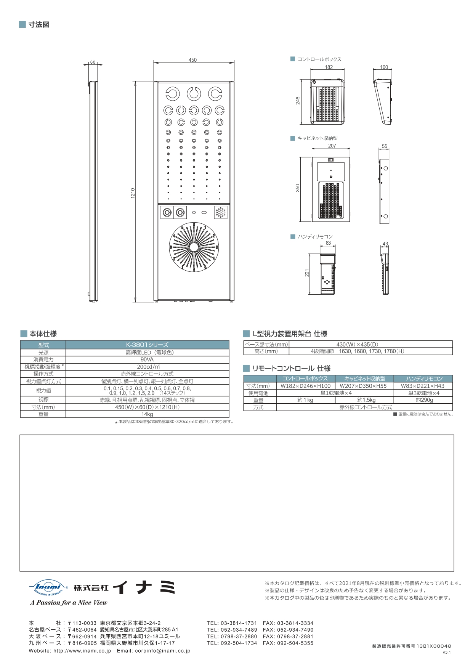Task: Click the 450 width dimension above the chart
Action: coord(192,60)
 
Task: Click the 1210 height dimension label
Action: coord(133,193)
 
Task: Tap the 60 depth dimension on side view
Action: coord(93,63)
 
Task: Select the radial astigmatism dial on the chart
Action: coord(194,247)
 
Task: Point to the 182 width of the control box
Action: coord(329,67)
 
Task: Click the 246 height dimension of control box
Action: coord(298,100)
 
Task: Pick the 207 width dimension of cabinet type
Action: coord(332,146)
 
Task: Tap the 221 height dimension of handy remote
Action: coord(307,273)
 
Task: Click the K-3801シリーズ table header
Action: coord(147,345)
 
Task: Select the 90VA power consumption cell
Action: coord(147,359)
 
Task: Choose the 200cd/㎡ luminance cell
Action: coord(147,367)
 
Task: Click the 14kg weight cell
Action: coord(147,414)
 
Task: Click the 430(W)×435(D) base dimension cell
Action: coord(357,344)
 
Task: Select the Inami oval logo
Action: coord(48,587)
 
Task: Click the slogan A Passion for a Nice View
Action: coord(69,603)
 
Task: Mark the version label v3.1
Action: coord(446,652)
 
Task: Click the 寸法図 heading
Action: coord(39,25)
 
